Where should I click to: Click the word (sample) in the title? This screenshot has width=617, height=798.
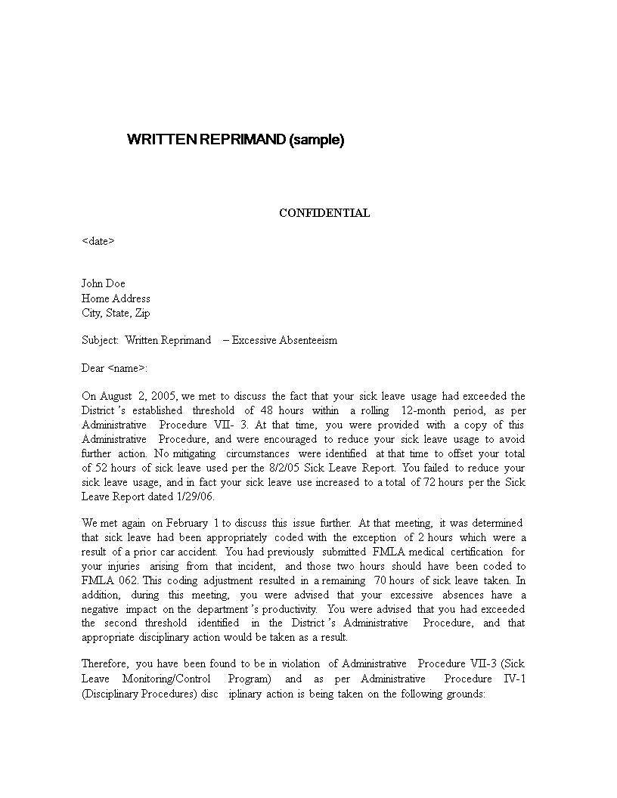[x=316, y=140]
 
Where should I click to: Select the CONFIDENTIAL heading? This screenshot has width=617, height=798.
[x=324, y=213]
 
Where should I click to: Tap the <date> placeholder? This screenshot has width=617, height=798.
[x=98, y=242]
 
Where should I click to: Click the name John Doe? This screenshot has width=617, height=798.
[x=104, y=284]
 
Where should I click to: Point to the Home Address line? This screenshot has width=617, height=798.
[x=116, y=298]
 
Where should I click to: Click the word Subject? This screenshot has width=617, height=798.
[x=101, y=340]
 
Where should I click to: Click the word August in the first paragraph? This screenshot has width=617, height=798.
[x=116, y=396]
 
